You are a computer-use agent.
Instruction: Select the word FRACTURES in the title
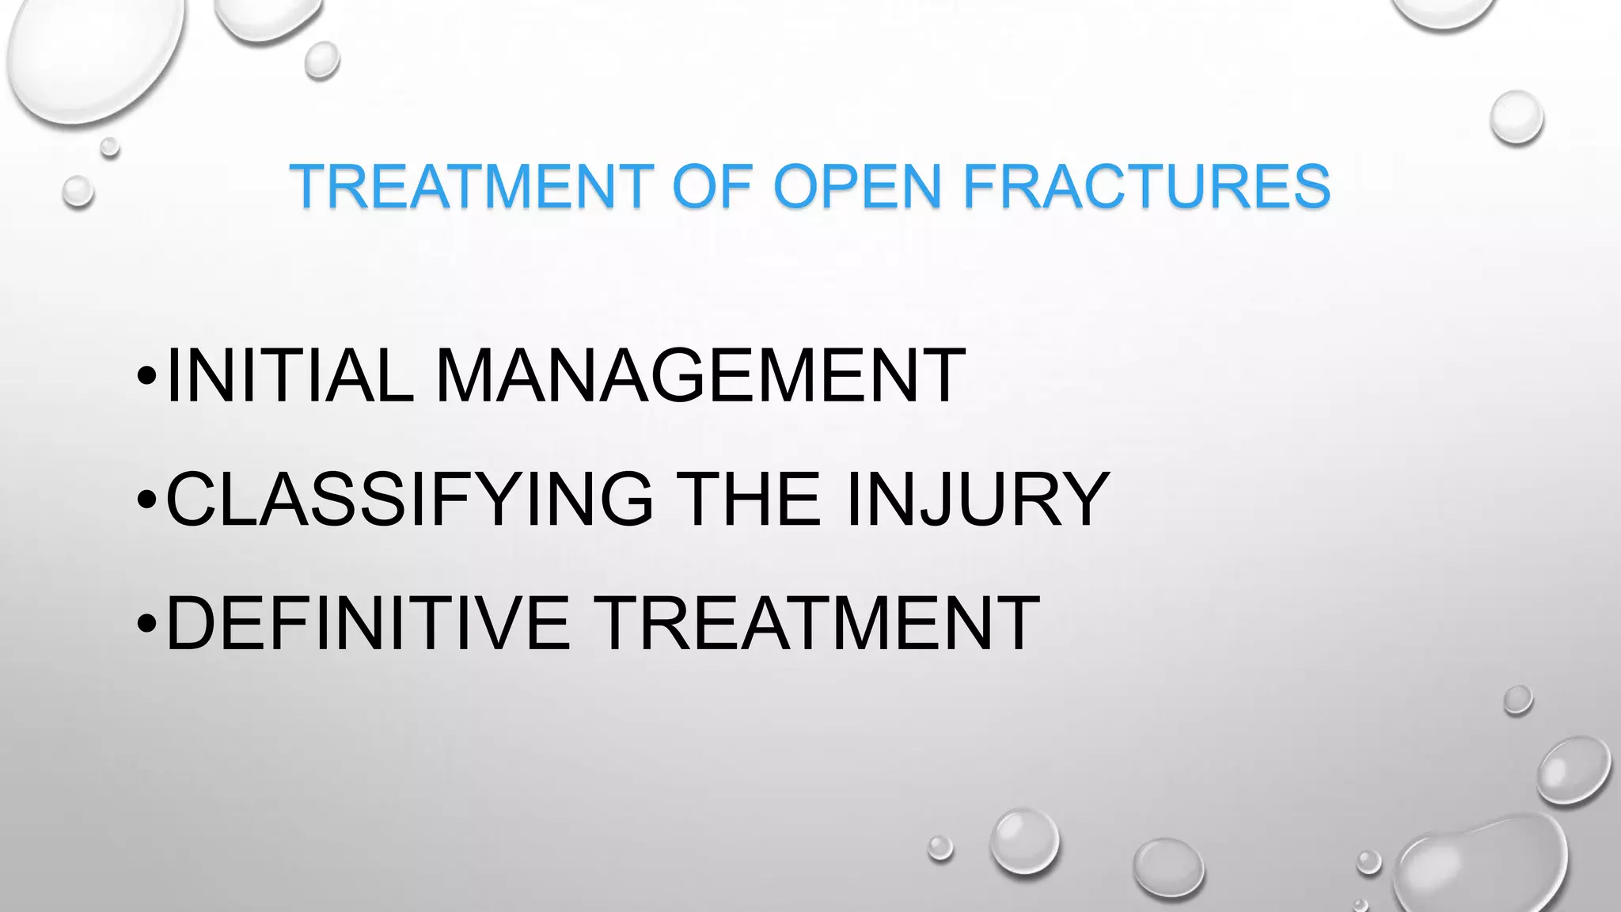(x=1147, y=187)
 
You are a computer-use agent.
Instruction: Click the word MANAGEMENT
(x=700, y=375)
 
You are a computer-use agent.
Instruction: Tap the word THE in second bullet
(x=748, y=499)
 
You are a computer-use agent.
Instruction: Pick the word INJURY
(x=977, y=499)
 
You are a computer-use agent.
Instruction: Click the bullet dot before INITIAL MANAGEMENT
(x=146, y=375)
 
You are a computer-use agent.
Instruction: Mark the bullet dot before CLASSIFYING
(x=146, y=500)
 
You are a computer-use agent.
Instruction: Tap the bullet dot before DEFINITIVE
(x=146, y=624)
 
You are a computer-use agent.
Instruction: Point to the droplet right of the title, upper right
(x=1517, y=117)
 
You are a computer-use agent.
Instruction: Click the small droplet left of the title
(x=78, y=192)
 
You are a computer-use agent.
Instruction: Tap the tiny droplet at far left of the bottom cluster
(x=940, y=848)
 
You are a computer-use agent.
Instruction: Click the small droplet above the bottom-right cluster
(x=1517, y=700)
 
